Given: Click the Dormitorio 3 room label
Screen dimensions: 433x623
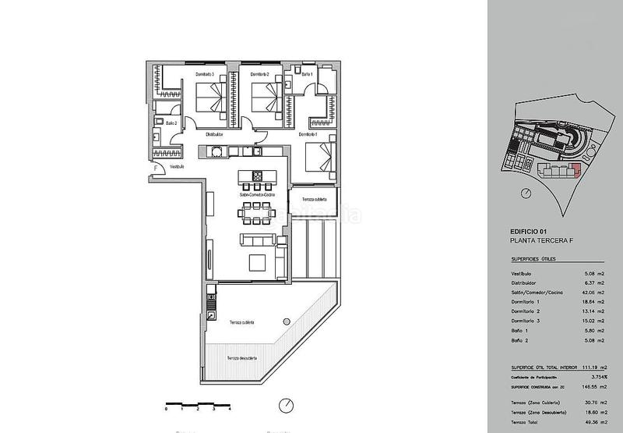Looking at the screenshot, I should pos(206,74).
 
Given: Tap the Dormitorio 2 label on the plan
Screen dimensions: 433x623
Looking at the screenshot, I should pos(260,74).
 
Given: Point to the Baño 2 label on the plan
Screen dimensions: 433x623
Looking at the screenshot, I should pos(172,123).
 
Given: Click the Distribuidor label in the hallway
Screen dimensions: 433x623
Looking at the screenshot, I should pos(216,134).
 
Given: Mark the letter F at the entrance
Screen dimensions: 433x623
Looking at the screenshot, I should pos(156,167).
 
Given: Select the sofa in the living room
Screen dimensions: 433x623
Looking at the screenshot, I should pos(258,241).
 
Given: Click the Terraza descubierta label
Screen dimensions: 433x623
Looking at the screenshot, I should pos(243,358).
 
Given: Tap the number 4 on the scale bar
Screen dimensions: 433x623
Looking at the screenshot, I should pos(231,409).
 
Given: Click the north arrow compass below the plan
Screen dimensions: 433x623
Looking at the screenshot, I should pos(287,406).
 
